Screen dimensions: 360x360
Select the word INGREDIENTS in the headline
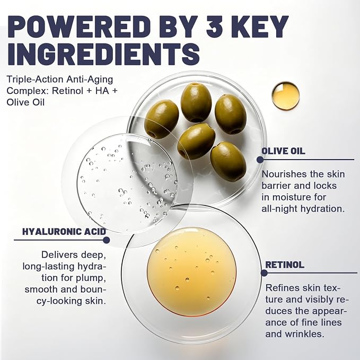(103, 54)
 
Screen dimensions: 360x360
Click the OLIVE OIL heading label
(283, 151)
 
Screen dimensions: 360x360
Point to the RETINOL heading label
(285, 265)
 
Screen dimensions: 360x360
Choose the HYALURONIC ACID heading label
(64, 231)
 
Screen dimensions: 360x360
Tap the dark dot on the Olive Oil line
(260, 160)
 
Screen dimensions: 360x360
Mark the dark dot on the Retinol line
(264, 273)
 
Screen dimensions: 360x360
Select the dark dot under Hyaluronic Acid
(106, 240)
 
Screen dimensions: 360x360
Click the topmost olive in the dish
(196, 102)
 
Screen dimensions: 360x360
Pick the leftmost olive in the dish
(161, 119)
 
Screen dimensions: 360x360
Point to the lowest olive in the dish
(229, 161)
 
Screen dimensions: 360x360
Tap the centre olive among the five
(197, 141)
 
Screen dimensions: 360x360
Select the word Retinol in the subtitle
(67, 91)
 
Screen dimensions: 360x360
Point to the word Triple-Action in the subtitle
(35, 80)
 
